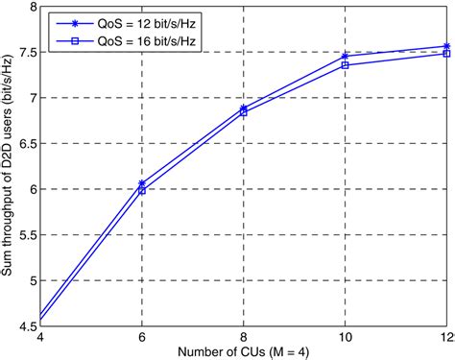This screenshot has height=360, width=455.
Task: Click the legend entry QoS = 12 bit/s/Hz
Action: point(133,23)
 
